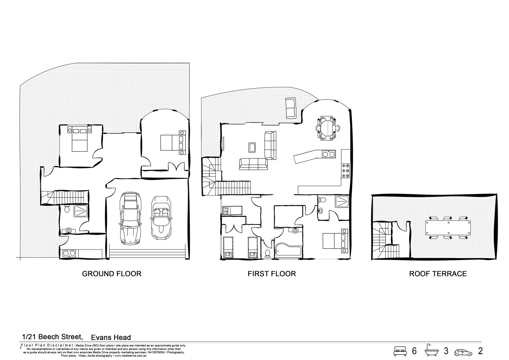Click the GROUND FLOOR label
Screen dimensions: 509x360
[112, 274]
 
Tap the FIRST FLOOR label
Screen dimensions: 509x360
[272, 274]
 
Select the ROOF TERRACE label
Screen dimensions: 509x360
[438, 274]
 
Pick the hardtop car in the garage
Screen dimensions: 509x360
[130, 219]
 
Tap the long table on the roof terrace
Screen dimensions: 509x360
[448, 228]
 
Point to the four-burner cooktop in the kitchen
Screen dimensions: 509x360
[345, 171]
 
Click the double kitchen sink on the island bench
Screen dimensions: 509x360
[328, 154]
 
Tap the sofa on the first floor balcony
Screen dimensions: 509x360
[290, 108]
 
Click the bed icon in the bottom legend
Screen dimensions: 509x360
[400, 351]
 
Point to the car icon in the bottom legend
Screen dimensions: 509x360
[463, 351]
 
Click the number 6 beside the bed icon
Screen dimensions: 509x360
[414, 351]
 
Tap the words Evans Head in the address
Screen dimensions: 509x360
[111, 337]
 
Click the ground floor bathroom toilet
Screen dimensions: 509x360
[67, 209]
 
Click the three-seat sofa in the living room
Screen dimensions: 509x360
[253, 164]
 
